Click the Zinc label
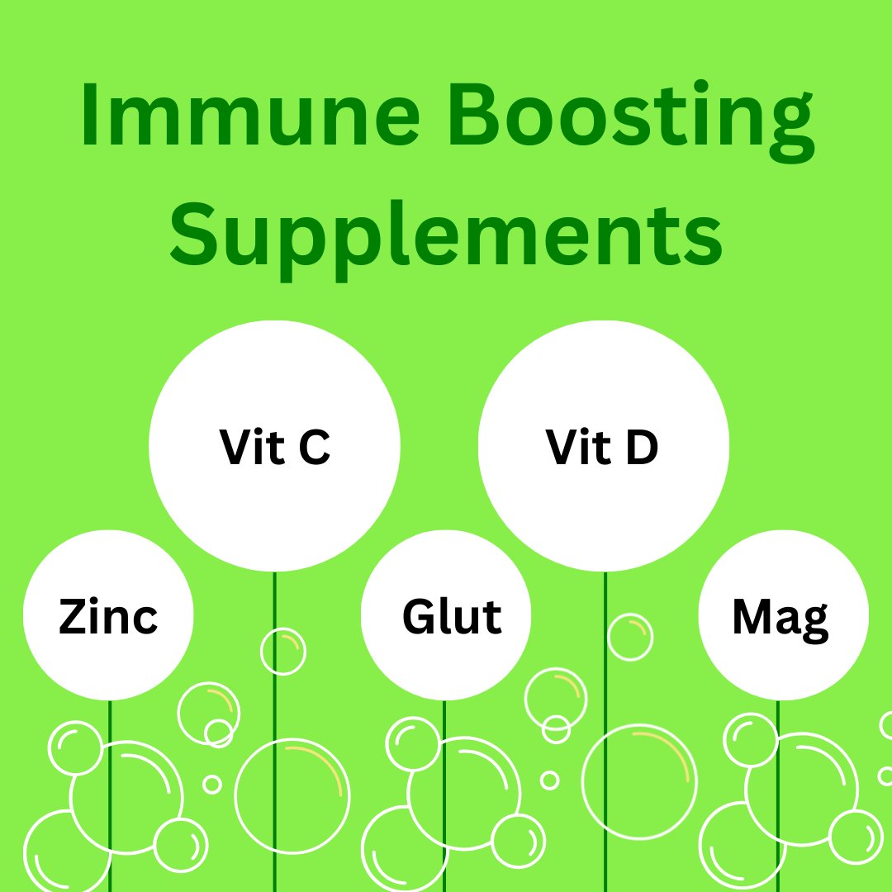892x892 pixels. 108,617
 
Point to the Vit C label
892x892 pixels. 275,447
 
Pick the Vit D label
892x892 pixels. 602,447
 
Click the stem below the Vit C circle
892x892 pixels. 275,611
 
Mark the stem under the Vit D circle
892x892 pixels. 605,595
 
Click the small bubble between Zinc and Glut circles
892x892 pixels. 283,651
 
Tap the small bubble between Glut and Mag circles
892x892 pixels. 630,637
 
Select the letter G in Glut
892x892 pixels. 419,617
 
